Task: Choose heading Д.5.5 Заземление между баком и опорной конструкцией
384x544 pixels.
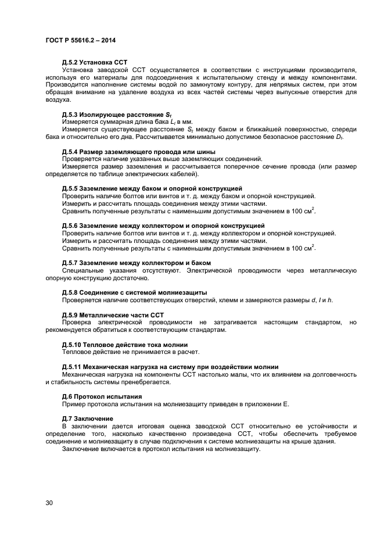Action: (x=152, y=188)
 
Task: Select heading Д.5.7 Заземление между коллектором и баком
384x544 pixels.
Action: (x=135, y=263)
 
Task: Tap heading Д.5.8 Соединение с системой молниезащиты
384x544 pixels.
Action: (x=134, y=292)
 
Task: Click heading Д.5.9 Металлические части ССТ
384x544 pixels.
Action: (x=113, y=314)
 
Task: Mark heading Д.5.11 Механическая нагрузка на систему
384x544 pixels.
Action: (x=170, y=367)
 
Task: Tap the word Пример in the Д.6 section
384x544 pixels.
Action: (x=73, y=404)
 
